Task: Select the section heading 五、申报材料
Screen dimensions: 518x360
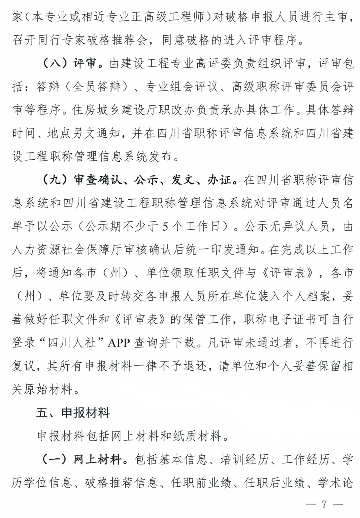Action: pyautogui.click(x=73, y=413)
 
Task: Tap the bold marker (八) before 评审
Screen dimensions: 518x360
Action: pyautogui.click(x=54, y=64)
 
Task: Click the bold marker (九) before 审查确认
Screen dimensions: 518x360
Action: pyautogui.click(x=54, y=180)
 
